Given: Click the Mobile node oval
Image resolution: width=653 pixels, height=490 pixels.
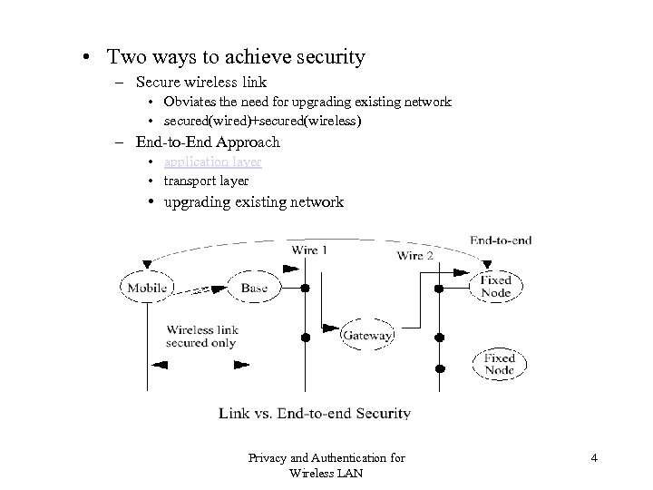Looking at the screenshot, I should (x=146, y=289).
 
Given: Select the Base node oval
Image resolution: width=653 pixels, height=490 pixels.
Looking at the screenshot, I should (x=254, y=289).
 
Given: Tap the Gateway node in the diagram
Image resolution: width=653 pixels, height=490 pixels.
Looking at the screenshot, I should (x=366, y=336).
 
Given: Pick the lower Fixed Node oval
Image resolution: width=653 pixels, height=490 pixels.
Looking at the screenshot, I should (x=498, y=364).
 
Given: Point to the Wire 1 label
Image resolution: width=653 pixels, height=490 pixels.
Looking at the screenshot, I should (x=309, y=249).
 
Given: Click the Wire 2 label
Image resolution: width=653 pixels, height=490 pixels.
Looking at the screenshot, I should (x=414, y=256).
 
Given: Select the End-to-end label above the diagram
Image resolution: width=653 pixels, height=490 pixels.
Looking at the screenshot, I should (x=501, y=240).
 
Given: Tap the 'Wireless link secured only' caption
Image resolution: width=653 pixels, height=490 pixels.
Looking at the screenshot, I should (x=200, y=337).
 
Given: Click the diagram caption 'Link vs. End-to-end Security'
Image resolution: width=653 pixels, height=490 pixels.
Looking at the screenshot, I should (x=314, y=413).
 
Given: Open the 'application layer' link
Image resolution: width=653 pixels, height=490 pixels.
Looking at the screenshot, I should (x=212, y=162).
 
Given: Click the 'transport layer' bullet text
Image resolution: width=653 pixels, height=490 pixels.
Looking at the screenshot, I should (x=206, y=181).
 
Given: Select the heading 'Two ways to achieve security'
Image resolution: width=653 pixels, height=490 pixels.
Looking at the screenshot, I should (x=236, y=57).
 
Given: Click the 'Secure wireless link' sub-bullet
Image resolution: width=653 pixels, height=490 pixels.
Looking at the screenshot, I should (x=201, y=83).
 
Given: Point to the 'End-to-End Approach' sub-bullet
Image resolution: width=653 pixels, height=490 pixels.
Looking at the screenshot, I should (x=208, y=142).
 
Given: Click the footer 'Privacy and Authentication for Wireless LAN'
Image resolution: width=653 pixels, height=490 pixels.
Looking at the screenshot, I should (x=326, y=465).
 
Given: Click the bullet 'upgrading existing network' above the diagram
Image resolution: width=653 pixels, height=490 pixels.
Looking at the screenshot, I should (x=253, y=201).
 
